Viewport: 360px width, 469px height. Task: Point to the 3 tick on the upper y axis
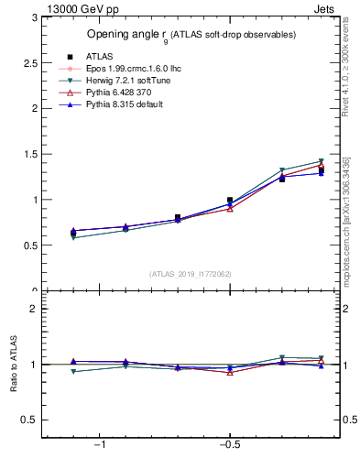pyautogui.click(x=34, y=17)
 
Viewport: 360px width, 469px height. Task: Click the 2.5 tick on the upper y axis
pyautogui.click(x=30, y=62)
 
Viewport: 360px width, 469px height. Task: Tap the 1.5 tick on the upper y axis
pyautogui.click(x=30, y=154)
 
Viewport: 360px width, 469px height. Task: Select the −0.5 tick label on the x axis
pyautogui.click(x=228, y=444)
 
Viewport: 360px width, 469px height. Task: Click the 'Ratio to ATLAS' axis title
pyautogui.click(x=14, y=365)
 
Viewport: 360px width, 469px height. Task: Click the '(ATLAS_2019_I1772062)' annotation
pyautogui.click(x=191, y=273)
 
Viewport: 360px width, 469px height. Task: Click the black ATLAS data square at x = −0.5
pyautogui.click(x=230, y=200)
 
